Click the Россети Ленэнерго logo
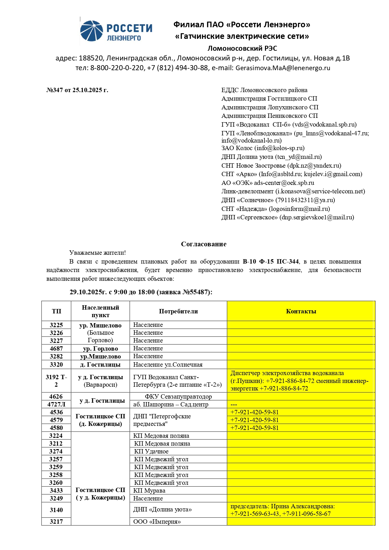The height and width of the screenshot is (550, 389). pyautogui.click(x=116, y=31)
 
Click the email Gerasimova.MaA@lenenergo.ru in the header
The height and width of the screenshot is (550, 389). pyautogui.click(x=283, y=68)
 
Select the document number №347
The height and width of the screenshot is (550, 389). pyautogui.click(x=55, y=90)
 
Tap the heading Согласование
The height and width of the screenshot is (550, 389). pyautogui.click(x=204, y=244)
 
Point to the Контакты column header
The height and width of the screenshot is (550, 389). pyautogui.click(x=301, y=311)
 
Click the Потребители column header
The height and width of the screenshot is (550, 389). pyautogui.click(x=178, y=311)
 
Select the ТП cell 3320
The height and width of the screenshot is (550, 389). pyautogui.click(x=56, y=364)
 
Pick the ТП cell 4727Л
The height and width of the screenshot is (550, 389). pyautogui.click(x=56, y=404)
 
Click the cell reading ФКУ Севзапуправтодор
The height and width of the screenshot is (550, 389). pyautogui.click(x=178, y=396)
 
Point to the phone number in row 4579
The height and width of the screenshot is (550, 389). pyautogui.click(x=254, y=420)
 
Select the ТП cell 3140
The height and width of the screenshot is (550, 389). pyautogui.click(x=56, y=510)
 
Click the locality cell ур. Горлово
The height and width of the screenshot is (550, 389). pyautogui.click(x=100, y=348)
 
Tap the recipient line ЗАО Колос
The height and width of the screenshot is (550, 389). pyautogui.click(x=263, y=148)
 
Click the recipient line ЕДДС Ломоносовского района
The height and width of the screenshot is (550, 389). pyautogui.click(x=264, y=90)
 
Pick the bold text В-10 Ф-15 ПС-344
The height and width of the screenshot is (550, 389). pyautogui.click(x=271, y=261)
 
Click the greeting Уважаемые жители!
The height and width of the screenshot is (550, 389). pyautogui.click(x=98, y=253)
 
